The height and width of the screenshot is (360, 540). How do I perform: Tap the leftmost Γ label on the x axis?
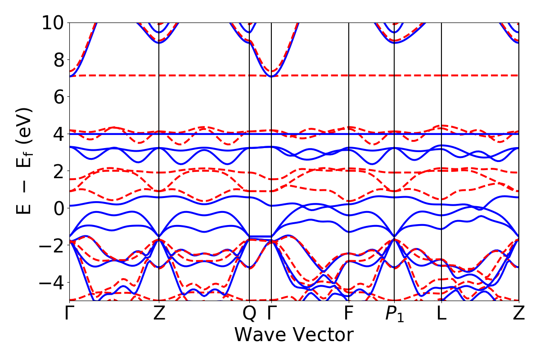[x=69, y=313]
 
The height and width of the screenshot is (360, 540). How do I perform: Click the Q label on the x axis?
[x=249, y=313]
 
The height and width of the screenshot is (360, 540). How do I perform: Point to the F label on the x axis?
[x=349, y=313]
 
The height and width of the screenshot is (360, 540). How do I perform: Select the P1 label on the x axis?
[x=395, y=314]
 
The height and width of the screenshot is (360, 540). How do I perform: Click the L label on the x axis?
[x=441, y=313]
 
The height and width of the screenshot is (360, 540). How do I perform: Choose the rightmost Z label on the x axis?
[x=519, y=313]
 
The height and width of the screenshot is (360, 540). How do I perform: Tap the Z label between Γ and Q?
[x=159, y=313]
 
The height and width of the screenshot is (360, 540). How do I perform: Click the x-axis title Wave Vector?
[x=293, y=335]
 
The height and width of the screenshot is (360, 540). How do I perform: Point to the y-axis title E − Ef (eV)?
[x=25, y=161]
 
